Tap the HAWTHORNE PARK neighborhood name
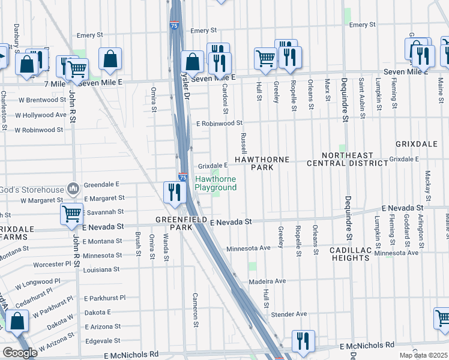pyautogui.click(x=262, y=164)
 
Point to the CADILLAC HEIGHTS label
pyautogui.click(x=349, y=254)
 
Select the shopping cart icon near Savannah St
pyautogui.click(x=71, y=212)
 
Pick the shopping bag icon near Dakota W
pyautogui.click(x=18, y=321)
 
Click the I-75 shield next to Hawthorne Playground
pyautogui.click(x=183, y=177)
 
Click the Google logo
pyautogui.click(x=20, y=353)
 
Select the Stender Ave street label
pyautogui.click(x=289, y=314)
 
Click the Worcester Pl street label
pyautogui.click(x=53, y=264)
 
